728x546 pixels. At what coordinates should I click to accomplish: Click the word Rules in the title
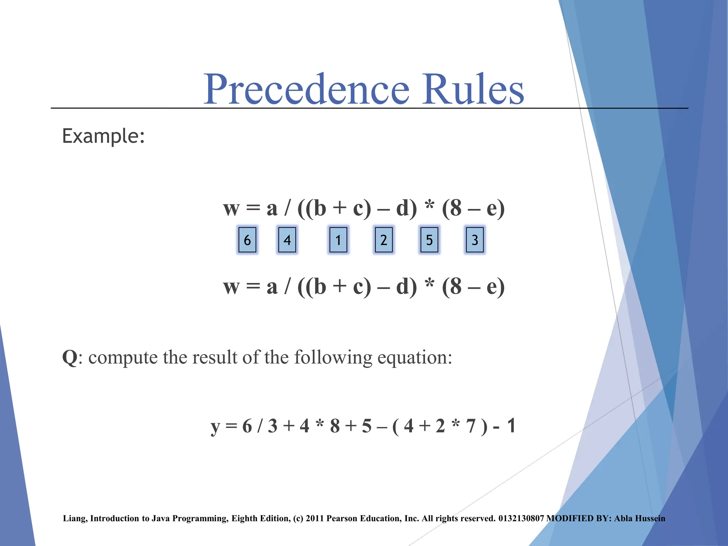point(473,90)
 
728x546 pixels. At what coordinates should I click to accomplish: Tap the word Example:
point(103,136)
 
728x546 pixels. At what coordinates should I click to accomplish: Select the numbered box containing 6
point(247,240)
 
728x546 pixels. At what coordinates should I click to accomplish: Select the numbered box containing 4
point(287,240)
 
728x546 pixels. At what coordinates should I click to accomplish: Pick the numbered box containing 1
point(338,240)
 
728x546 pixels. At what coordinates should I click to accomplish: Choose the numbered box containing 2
point(384,240)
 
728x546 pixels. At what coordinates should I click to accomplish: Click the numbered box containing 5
point(429,240)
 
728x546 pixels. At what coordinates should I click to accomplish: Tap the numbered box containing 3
point(475,240)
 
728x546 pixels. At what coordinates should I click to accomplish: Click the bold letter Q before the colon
point(70,357)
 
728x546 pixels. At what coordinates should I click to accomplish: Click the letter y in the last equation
point(215,427)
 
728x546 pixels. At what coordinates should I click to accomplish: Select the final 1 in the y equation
point(511,425)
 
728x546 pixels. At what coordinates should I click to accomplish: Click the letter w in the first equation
point(231,209)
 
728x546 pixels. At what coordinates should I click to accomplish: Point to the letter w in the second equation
point(231,287)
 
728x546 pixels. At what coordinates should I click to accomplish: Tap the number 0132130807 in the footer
point(521,518)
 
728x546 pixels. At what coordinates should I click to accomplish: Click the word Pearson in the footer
point(342,518)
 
